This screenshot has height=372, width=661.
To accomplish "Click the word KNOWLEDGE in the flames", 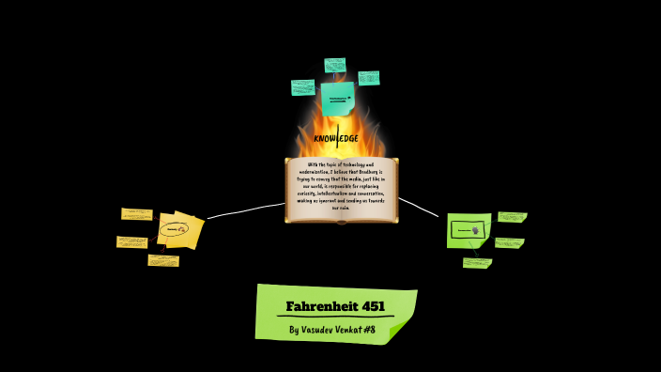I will coord(335,139).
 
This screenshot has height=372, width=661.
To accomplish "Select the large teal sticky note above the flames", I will coord(337,98).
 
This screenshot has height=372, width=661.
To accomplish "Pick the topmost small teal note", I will coord(335,65).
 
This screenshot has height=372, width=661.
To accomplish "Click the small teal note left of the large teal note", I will coord(303,87).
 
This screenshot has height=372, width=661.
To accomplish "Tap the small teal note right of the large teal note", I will coord(369,78).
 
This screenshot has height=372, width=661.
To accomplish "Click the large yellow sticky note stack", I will coord(179,230).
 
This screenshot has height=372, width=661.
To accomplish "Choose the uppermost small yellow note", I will coord(137,214).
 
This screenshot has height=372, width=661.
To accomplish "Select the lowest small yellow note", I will coord(163,260).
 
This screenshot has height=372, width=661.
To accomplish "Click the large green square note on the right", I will coord(468,230).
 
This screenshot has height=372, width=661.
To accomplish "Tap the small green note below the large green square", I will coord(477,263).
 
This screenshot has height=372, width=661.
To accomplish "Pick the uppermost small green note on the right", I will coord(512,217).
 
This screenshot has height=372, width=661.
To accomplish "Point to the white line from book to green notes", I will coord(419,207).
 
